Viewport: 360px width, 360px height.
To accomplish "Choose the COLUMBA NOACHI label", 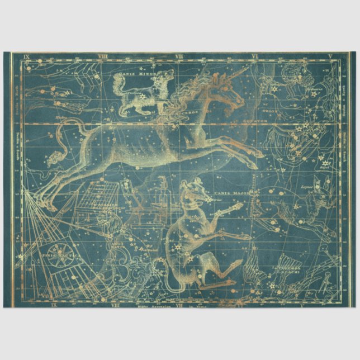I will click(x=286, y=271).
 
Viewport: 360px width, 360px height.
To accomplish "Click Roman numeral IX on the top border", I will click(x=26, y=56).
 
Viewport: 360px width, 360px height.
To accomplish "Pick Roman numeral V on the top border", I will click(x=330, y=56).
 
